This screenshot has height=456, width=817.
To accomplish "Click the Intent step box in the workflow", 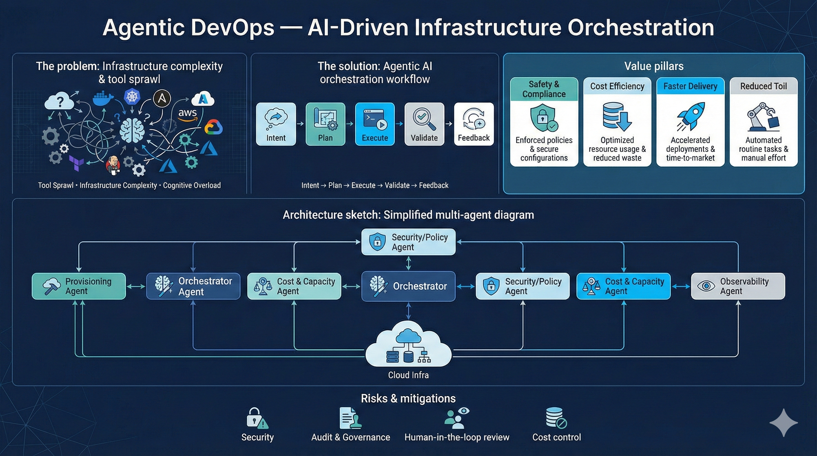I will coord(275,124).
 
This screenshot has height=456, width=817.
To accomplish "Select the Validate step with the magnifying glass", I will coord(424,124).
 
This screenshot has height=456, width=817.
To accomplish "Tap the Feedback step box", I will coord(474,124).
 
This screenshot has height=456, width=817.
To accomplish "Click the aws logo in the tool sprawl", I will coord(187,114).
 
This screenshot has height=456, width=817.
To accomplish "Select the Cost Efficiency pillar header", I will coord(617,86).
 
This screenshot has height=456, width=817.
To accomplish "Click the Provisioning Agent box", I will coord(79,286).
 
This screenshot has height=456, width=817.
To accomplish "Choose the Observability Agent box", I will coord(738,286).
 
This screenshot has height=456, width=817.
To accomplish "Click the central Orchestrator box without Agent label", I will coord(408,286).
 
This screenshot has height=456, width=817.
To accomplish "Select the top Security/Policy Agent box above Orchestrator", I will coord(408,242).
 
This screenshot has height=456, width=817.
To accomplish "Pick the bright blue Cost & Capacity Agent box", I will coord(623,286).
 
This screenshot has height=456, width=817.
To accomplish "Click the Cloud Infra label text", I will coord(408,375).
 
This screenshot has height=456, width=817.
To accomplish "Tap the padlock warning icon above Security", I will coord(256,418).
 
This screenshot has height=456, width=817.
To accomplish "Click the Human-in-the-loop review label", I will coord(457,437).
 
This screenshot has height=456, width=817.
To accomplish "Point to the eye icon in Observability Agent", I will coord(706,286).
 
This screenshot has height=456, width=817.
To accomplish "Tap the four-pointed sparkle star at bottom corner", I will coord(783,423).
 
